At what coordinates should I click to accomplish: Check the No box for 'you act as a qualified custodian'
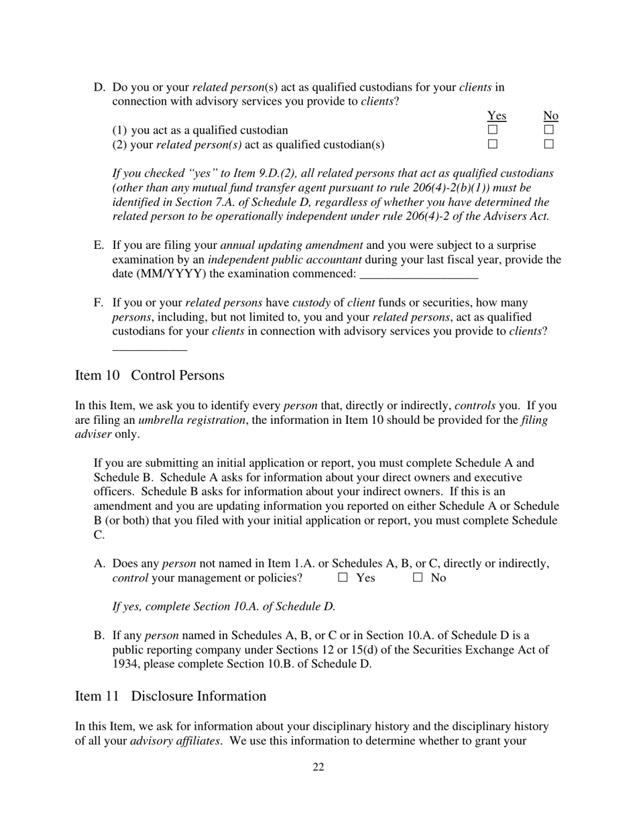click(549, 130)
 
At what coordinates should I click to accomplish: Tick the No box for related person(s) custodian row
click(549, 144)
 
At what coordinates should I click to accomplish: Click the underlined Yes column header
click(496, 116)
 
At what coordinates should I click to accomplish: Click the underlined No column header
click(551, 116)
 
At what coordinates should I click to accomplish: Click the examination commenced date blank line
click(418, 275)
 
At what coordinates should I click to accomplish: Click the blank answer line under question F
click(150, 348)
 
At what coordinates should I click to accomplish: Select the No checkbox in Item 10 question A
click(418, 577)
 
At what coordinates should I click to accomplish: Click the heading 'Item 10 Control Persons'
click(150, 376)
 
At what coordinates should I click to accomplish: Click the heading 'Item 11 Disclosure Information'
click(170, 696)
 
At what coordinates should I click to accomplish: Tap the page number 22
click(318, 767)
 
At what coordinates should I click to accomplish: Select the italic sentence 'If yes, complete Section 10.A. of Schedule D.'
click(224, 607)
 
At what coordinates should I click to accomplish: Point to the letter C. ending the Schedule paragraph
click(99, 535)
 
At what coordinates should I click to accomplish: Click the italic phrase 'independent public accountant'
click(284, 260)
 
